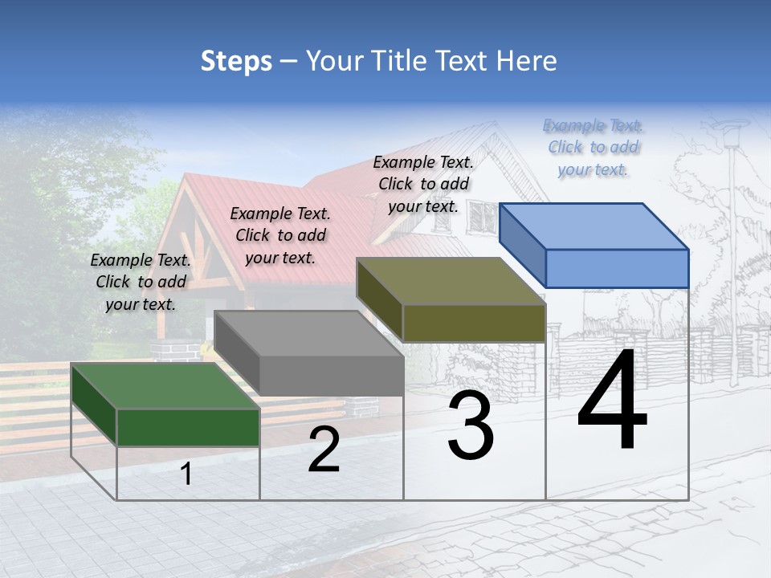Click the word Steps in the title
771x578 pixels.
(x=236, y=61)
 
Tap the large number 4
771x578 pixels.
(x=612, y=401)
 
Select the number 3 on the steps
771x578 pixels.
(x=471, y=425)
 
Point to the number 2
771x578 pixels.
(x=324, y=450)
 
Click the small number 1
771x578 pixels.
(x=186, y=474)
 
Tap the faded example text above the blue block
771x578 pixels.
(x=593, y=148)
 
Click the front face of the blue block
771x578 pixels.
(x=617, y=268)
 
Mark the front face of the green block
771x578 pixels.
(x=188, y=427)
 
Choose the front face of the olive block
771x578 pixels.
(x=474, y=323)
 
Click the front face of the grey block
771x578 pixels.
(x=331, y=375)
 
